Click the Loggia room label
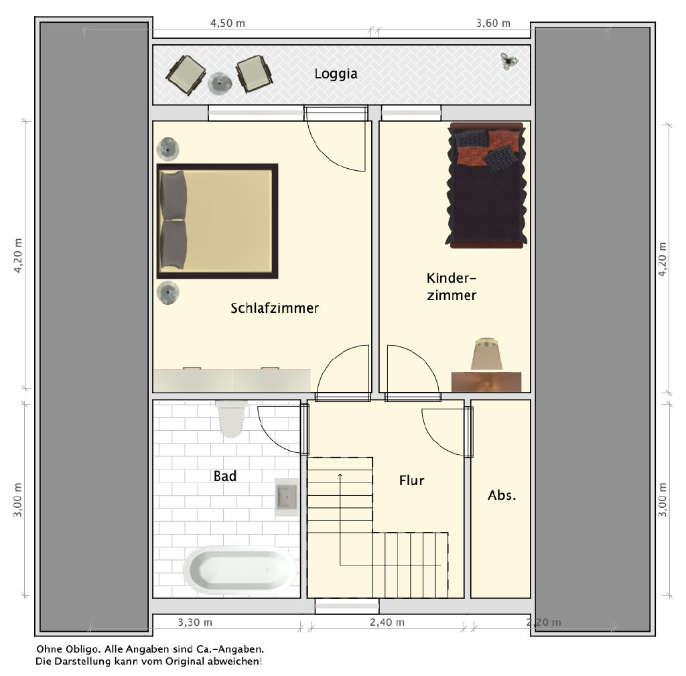pyautogui.click(x=336, y=74)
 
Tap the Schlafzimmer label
pyautogui.click(x=274, y=308)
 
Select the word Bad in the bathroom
pyautogui.click(x=225, y=476)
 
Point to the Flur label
pyautogui.click(x=411, y=480)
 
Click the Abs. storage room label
pyautogui.click(x=502, y=495)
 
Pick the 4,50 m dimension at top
pyautogui.click(x=228, y=23)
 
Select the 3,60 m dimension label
pyautogui.click(x=493, y=23)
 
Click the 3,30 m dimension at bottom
pyautogui.click(x=195, y=622)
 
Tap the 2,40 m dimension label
pyautogui.click(x=387, y=622)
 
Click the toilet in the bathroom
pyautogui.click(x=231, y=419)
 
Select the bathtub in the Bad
pyautogui.click(x=240, y=569)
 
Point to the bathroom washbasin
pyautogui.click(x=287, y=496)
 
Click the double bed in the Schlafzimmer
pyautogui.click(x=218, y=221)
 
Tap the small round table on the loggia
pyautogui.click(x=219, y=83)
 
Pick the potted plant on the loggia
pyautogui.click(x=509, y=62)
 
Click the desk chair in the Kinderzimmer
pyautogui.click(x=486, y=354)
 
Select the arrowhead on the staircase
pyautogui.click(x=340, y=475)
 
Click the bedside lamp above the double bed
pyautogui.click(x=167, y=149)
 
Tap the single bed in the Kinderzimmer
pyautogui.click(x=486, y=186)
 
